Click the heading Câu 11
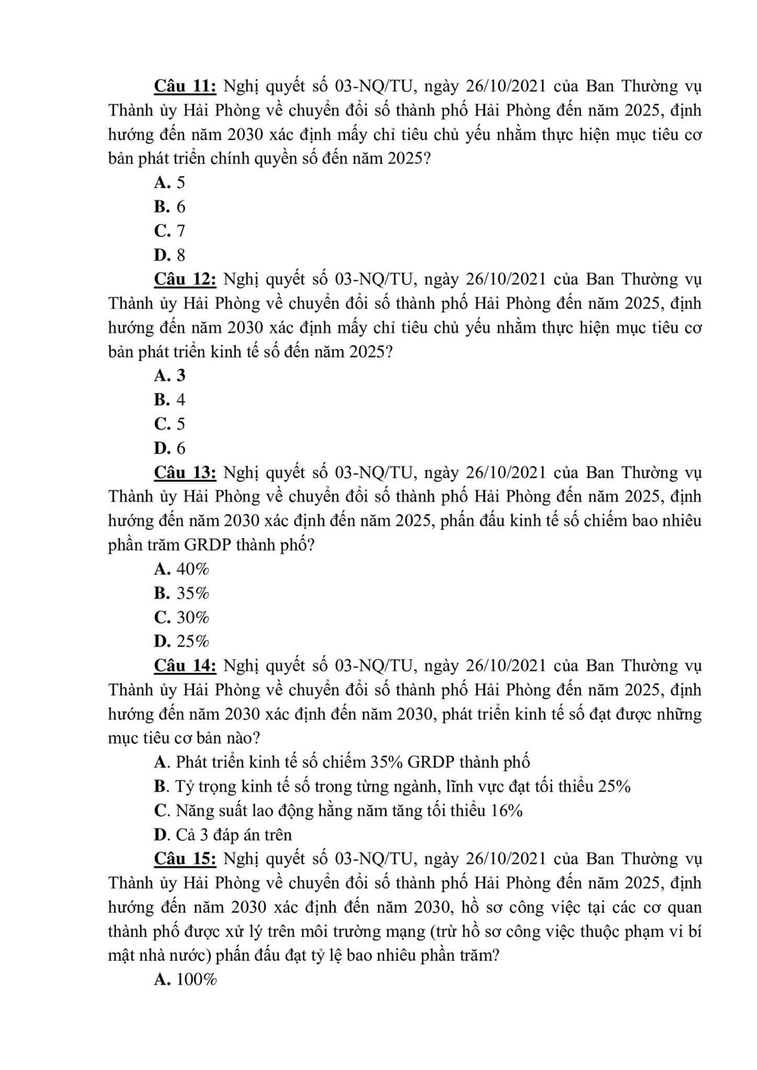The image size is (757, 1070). [185, 86]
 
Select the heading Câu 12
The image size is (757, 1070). [185, 279]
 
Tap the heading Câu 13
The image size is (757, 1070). [185, 473]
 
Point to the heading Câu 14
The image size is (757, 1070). [185, 666]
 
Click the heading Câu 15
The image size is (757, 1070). [185, 858]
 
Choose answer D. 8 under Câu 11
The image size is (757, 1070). [169, 255]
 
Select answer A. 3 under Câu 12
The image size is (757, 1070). [169, 376]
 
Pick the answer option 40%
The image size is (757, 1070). [182, 569]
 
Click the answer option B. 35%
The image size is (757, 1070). [182, 593]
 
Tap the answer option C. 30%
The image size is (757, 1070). [182, 617]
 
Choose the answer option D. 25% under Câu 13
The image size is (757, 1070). [182, 641]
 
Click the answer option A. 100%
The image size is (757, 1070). [186, 980]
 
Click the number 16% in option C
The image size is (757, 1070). [506, 811]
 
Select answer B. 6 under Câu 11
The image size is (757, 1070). [169, 207]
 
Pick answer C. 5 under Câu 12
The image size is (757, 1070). [169, 424]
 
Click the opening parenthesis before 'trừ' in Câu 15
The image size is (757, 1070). [433, 931]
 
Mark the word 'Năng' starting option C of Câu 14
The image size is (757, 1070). [194, 811]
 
